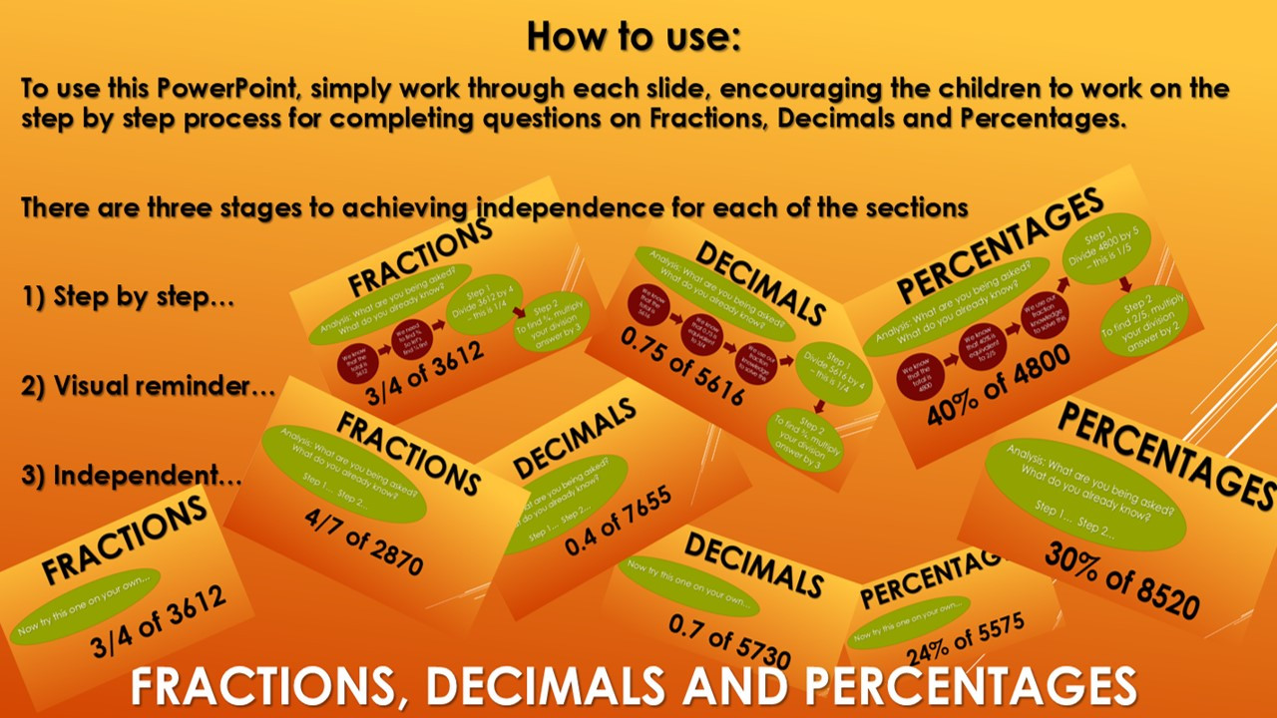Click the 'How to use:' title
point(634,36)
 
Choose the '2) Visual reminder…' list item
point(148,386)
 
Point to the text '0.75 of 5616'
point(682,366)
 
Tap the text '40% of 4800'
point(999,384)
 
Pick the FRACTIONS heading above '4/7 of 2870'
point(409,452)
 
